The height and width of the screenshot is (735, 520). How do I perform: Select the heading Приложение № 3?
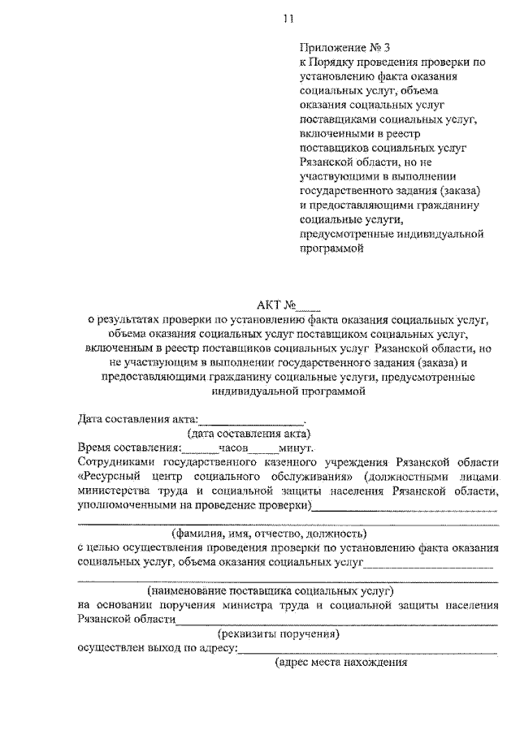click(x=334, y=47)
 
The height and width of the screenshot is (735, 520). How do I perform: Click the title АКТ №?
click(x=278, y=306)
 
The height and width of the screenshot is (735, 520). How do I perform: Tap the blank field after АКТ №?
click(x=310, y=307)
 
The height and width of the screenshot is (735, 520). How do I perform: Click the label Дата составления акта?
click(x=138, y=419)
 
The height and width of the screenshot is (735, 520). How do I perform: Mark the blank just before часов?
click(x=200, y=448)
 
